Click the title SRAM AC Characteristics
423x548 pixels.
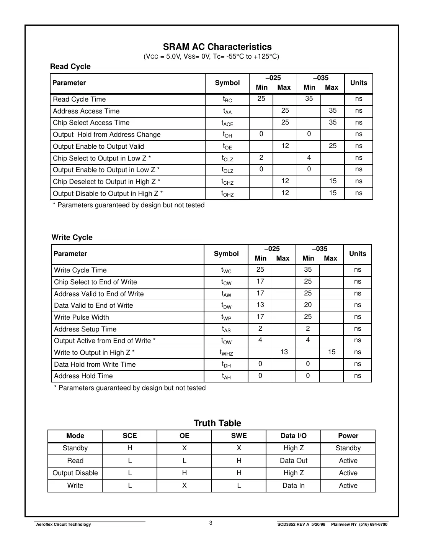pos(217,47)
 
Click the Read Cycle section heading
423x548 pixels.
pos(70,67)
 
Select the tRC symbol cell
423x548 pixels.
pos(227,100)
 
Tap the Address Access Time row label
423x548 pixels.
pos(86,111)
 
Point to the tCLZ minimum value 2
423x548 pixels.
pos(261,158)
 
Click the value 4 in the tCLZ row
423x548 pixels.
pos(309,158)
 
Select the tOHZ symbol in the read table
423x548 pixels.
pos(227,194)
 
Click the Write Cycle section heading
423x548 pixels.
pos(72,238)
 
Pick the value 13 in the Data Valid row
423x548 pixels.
pos(260,305)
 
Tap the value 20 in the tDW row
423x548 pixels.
pos(308,305)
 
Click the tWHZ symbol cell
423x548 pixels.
pos(226,353)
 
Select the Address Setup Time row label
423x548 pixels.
pos(85,329)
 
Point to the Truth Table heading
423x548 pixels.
pos(217,423)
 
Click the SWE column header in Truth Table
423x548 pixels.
pos(239,436)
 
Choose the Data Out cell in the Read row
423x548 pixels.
pos(294,461)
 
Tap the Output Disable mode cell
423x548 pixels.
pos(75,473)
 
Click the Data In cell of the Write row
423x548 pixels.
pos(294,486)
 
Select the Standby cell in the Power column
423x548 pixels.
pos(348,448)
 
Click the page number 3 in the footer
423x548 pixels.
pos(211,523)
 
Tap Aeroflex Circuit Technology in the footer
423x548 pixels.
pos(64,525)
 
